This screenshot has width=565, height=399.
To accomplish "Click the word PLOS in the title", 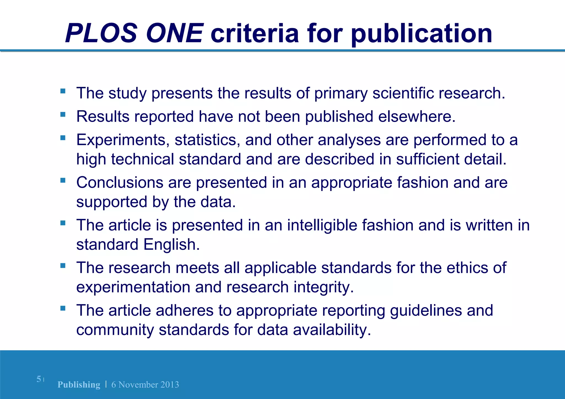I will pos(101,33).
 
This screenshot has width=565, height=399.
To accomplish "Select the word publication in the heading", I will pos(422,34).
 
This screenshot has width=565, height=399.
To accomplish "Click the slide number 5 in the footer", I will pos(39,379).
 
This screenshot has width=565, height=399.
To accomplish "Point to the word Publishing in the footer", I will pos(79,384).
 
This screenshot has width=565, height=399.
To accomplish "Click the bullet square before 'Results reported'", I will pos(63,114).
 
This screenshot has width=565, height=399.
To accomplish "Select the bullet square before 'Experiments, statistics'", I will pos(63,138).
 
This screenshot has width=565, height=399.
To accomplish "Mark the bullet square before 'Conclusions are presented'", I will pos(63,180).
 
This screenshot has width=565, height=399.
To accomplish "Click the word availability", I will pos(332,330).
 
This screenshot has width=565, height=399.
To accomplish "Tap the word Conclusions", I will pos(120,183).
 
